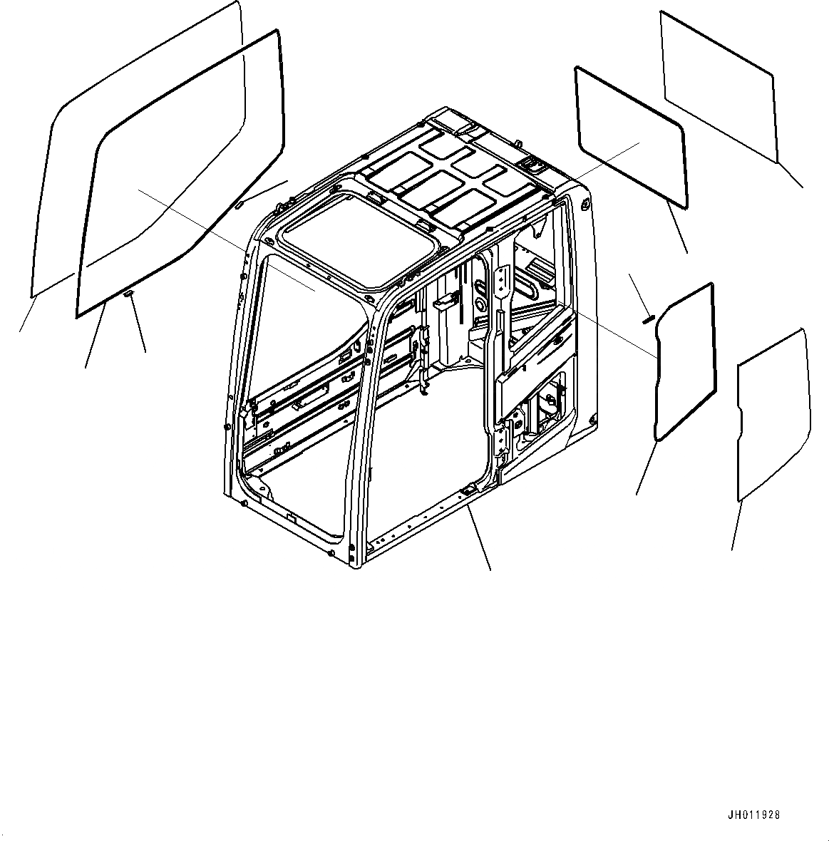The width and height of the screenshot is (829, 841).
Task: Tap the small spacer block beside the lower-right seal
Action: point(649,318)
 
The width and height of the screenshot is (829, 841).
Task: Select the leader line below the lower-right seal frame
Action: point(645,466)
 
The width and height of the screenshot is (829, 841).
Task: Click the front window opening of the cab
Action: point(299,399)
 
